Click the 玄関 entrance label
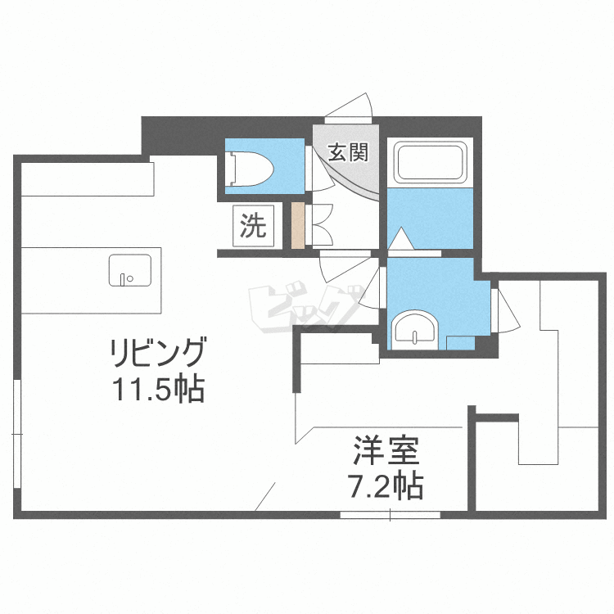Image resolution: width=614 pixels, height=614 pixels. point(348,152)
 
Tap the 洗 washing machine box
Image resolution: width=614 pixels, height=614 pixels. point(253,227)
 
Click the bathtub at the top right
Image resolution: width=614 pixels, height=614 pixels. point(430,164)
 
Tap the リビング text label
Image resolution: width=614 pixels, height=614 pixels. point(157,354)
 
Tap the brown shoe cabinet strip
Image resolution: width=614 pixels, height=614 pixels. point(298,226)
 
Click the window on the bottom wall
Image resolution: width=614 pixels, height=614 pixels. point(391,514)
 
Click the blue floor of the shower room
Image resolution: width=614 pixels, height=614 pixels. point(430,214)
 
